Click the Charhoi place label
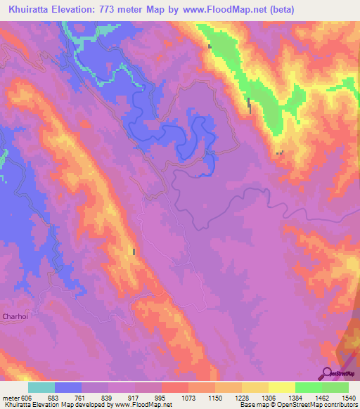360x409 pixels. click(x=14, y=316)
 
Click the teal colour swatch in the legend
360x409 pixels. click(x=41, y=387)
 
